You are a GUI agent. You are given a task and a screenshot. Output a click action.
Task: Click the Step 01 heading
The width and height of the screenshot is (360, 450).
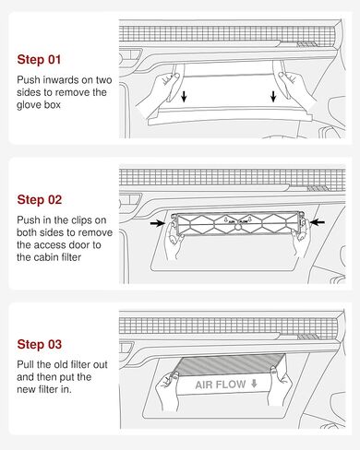39,59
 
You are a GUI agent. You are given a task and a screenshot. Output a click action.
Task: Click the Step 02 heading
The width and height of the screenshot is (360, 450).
40,200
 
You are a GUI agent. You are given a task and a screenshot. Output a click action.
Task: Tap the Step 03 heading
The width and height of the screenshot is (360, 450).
40,344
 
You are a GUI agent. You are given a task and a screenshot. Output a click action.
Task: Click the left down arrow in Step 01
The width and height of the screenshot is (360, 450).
184,96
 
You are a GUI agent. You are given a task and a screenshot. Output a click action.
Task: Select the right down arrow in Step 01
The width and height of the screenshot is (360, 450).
273,96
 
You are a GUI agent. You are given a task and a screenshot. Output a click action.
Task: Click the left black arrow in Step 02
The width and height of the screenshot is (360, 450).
158,223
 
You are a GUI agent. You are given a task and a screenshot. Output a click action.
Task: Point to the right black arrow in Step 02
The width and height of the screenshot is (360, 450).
318,222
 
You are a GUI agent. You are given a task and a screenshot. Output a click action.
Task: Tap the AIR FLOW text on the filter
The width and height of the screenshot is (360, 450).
221,385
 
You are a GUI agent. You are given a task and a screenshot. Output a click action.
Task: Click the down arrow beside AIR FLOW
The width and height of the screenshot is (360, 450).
254,384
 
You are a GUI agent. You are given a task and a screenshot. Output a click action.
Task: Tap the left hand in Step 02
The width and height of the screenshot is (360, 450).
172,240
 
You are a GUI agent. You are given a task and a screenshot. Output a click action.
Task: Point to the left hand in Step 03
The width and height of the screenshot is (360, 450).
167,390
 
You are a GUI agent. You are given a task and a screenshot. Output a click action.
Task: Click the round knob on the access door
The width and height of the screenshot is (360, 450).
238,228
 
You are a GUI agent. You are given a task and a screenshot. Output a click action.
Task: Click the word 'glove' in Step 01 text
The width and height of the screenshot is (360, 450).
29,105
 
